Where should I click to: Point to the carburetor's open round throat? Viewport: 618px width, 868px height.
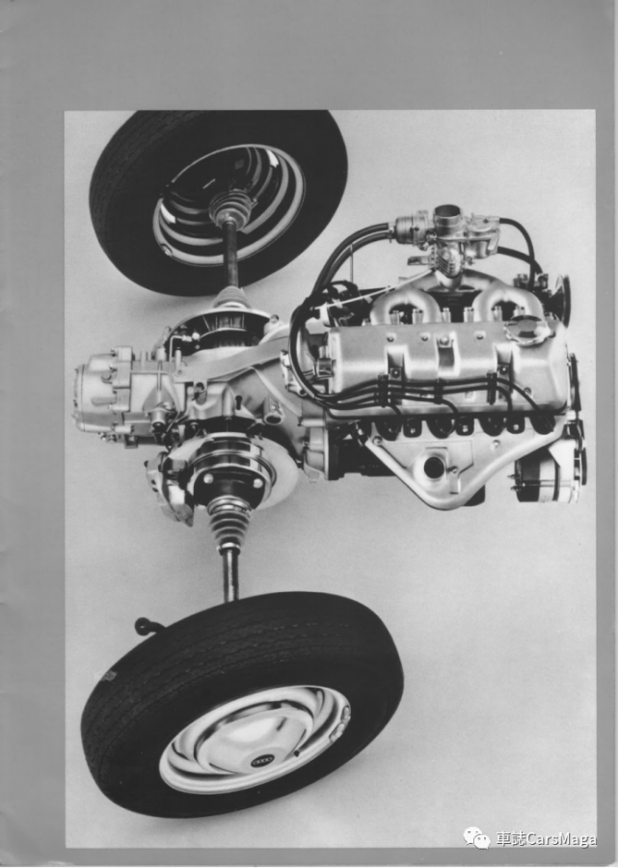[x=447, y=211]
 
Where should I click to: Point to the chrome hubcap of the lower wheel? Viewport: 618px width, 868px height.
[x=255, y=740]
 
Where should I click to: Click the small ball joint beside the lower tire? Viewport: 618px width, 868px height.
[x=143, y=626]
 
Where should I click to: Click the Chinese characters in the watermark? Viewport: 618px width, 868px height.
[x=510, y=839]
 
